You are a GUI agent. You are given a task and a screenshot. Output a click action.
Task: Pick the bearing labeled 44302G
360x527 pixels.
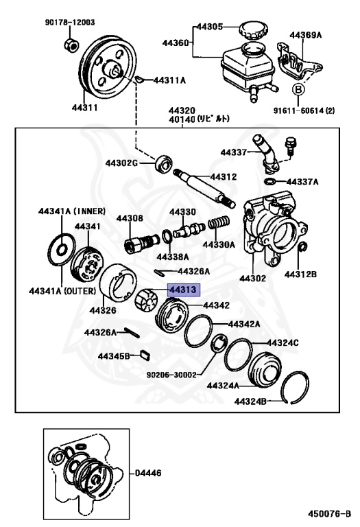tap(163, 164)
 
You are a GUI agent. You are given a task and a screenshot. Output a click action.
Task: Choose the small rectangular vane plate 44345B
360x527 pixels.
tap(145, 355)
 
